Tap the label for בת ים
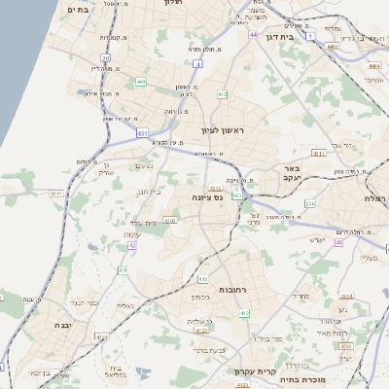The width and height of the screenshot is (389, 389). [79, 9]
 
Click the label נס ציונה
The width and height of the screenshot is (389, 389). [205, 197]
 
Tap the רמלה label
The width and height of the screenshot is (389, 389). [375, 197]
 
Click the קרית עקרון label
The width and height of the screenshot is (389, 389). [255, 371]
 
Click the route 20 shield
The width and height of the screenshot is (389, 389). [105, 58]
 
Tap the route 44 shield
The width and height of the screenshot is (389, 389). [252, 35]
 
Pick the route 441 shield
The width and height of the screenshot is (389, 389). [141, 83]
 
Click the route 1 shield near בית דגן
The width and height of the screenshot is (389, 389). [309, 36]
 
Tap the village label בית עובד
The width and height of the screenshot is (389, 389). [142, 222]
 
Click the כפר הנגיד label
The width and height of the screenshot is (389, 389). [87, 302]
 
